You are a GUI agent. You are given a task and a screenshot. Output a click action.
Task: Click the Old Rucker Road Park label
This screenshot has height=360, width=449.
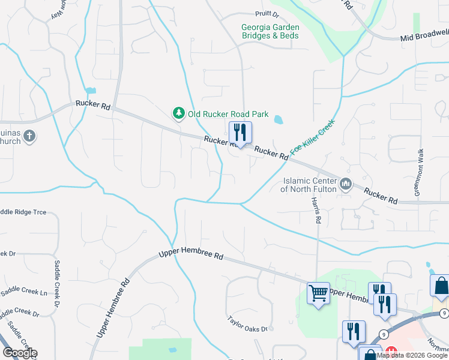[228, 113]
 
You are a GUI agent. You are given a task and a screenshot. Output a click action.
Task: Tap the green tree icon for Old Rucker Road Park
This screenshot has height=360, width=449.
[178, 113]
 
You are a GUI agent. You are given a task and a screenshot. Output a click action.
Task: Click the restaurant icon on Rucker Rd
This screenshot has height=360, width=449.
[240, 133]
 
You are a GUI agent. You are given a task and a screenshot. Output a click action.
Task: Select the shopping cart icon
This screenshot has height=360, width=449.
[318, 293]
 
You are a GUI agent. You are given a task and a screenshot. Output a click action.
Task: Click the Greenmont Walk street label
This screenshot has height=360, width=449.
[420, 172]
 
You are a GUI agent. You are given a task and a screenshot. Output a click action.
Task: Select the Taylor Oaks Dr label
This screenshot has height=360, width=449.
[250, 324]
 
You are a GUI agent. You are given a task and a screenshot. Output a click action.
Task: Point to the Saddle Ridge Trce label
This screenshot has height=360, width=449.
[23, 212]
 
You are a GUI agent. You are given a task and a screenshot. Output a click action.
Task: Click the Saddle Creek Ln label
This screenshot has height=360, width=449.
[23, 293]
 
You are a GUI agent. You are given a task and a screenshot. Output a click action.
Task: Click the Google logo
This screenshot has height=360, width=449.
[19, 353]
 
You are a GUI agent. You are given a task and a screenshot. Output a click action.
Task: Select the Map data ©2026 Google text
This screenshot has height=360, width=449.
[412, 355]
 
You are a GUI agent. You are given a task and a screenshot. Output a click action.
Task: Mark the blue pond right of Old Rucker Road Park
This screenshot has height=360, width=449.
[279, 119]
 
